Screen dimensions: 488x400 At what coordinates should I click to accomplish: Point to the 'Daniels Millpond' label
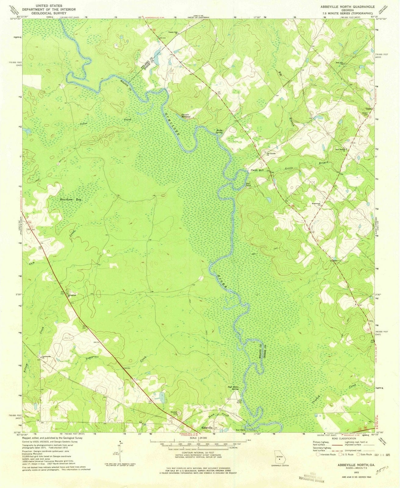point(186,116)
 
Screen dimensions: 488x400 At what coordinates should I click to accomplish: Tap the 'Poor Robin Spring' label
point(233,388)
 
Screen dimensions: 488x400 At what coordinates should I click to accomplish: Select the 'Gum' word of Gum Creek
point(32,263)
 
